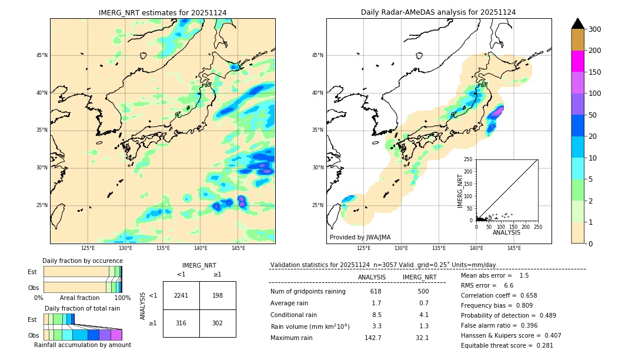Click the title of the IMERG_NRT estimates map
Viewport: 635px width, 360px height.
click(162, 12)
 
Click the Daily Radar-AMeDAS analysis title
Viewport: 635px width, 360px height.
click(438, 12)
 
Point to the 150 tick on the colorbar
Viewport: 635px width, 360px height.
click(596, 72)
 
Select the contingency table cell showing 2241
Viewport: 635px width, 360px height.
click(181, 295)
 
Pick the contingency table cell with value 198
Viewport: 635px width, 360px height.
click(218, 295)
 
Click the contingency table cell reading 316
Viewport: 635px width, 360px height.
click(181, 323)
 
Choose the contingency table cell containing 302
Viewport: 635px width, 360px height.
click(218, 323)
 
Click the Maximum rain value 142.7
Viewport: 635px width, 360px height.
click(373, 338)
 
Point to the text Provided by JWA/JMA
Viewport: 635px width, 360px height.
click(360, 238)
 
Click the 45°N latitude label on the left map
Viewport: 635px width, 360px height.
click(42, 55)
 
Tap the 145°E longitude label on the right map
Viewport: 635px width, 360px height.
click(514, 248)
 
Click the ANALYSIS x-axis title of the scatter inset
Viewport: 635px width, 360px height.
click(506, 233)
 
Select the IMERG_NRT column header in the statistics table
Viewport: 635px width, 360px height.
click(419, 277)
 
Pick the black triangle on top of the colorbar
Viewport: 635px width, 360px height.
click(578, 24)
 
